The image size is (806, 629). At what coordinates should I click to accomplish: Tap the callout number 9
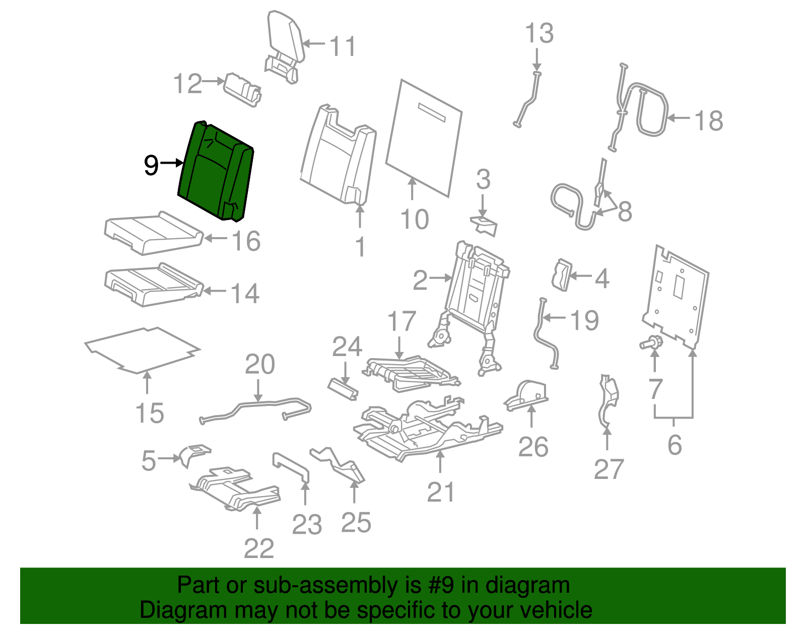151,165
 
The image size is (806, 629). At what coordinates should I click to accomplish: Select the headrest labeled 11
286,38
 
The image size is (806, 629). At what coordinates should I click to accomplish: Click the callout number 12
187,84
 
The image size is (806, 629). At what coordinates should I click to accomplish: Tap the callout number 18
708,121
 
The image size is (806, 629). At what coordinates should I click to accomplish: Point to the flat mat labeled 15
142,349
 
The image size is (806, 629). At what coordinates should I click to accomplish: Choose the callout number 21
441,492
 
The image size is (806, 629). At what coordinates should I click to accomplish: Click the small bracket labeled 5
194,452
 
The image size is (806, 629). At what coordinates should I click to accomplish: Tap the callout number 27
609,469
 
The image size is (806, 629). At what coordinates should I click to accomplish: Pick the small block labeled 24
343,388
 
